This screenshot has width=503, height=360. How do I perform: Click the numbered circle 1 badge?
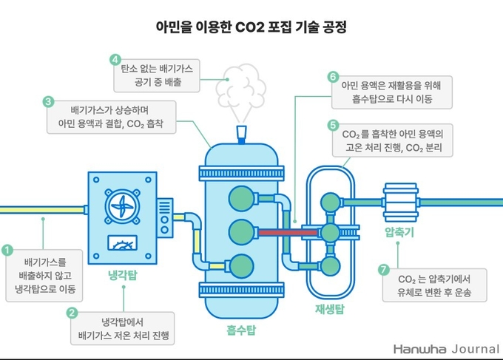pos(7,250)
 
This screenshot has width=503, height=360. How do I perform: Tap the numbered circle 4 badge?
pos(115,60)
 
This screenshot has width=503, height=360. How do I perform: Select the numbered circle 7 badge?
pos(384,269)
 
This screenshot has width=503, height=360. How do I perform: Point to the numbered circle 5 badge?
pos(333,125)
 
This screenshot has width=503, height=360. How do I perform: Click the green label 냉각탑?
pos(123,275)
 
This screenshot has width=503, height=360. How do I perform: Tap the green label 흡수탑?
pos(241,330)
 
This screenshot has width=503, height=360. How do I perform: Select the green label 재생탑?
pos(330,309)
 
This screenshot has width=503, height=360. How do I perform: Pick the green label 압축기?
pos(399,232)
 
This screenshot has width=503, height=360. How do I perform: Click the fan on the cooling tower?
pos(122,206)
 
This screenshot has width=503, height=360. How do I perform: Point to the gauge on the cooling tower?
pos(122,242)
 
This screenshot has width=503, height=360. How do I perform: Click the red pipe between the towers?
pos(288,232)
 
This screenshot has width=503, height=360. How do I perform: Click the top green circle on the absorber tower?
pos(241,199)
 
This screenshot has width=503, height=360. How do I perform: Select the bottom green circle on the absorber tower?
pos(242,266)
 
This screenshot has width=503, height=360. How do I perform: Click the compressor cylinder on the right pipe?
pos(401,203)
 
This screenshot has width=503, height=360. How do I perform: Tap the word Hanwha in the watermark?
pos(419,349)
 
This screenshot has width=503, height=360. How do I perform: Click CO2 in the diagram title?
pos(249,27)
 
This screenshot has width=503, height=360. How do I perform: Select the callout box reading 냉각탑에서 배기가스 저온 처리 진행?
pos(123,329)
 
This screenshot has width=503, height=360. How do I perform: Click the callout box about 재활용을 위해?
pos(392,92)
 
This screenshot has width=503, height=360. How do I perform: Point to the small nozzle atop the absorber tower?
pos(242,135)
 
